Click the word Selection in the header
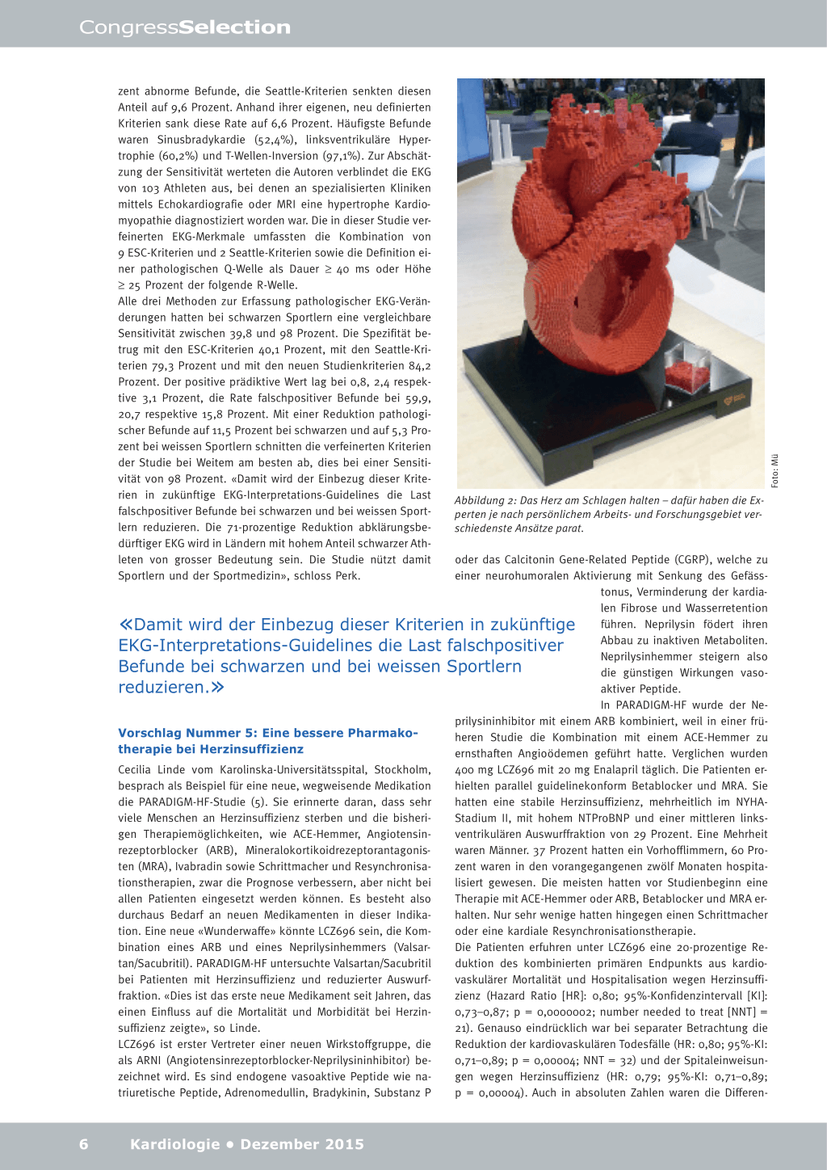[x=234, y=27]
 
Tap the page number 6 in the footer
[x=84, y=1144]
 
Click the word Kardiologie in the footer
[x=174, y=1144]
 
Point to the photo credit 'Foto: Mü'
[x=775, y=470]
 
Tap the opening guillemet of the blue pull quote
[x=125, y=625]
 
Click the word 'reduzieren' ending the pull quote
[x=162, y=688]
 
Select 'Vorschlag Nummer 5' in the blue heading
[x=187, y=733]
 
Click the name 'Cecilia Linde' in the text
[x=152, y=770]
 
